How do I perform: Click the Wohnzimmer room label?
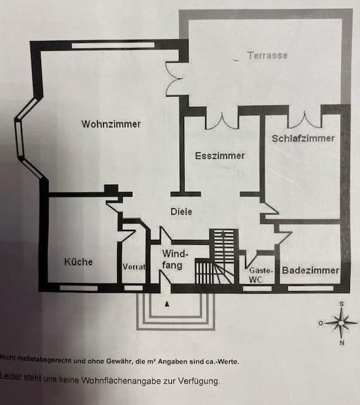coord(111,124)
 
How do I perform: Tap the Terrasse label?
coord(267,56)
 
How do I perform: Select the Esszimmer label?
coord(220,155)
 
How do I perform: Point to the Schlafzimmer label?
coord(303,139)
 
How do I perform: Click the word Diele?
coord(181,211)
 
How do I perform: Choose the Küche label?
coord(78,261)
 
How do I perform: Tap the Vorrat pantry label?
coord(133,267)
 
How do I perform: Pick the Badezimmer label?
coord(310,270)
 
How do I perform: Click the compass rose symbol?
coord(342,323)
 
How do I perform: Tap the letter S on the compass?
coord(342,304)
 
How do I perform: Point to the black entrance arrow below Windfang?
coord(167,304)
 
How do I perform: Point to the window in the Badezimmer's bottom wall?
coord(310,288)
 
